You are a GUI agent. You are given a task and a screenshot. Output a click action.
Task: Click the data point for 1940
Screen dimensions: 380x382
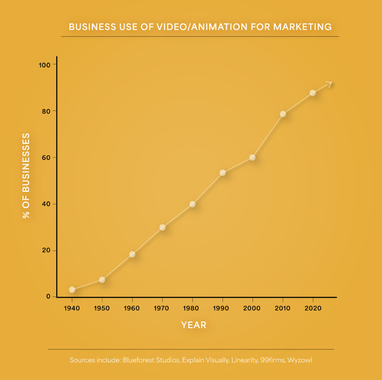coord(72,290)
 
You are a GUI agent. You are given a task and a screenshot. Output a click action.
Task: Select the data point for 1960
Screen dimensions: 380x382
coord(132,254)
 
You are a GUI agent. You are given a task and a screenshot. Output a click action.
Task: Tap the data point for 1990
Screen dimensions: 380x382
coord(223,173)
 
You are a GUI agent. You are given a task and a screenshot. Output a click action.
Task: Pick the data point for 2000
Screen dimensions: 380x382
coord(253,157)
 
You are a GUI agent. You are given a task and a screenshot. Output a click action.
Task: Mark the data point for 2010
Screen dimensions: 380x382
coord(283,114)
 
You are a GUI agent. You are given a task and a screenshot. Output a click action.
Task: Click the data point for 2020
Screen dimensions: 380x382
coord(313,93)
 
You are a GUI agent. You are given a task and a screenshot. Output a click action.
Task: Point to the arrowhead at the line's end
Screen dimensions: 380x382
coord(329,84)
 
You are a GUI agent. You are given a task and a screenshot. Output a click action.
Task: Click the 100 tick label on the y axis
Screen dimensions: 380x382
coord(45,65)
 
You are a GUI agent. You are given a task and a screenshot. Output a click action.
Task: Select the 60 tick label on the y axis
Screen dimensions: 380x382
coord(47,158)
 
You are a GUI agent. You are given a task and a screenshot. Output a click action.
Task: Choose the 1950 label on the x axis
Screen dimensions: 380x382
coord(102,309)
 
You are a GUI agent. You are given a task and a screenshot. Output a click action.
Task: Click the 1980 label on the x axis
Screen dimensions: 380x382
coord(192,309)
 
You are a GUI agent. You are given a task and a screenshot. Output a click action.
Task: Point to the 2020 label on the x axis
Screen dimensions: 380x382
coord(313,309)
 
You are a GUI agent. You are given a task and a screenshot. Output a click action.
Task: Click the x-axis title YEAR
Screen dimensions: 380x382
coord(194,325)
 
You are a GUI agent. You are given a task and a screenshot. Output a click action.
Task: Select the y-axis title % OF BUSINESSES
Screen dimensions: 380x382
coord(26,176)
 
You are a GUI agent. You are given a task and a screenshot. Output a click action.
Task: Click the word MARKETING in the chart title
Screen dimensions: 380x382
coord(302,27)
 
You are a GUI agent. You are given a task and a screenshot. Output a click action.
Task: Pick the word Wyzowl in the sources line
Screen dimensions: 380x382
coord(303,361)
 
